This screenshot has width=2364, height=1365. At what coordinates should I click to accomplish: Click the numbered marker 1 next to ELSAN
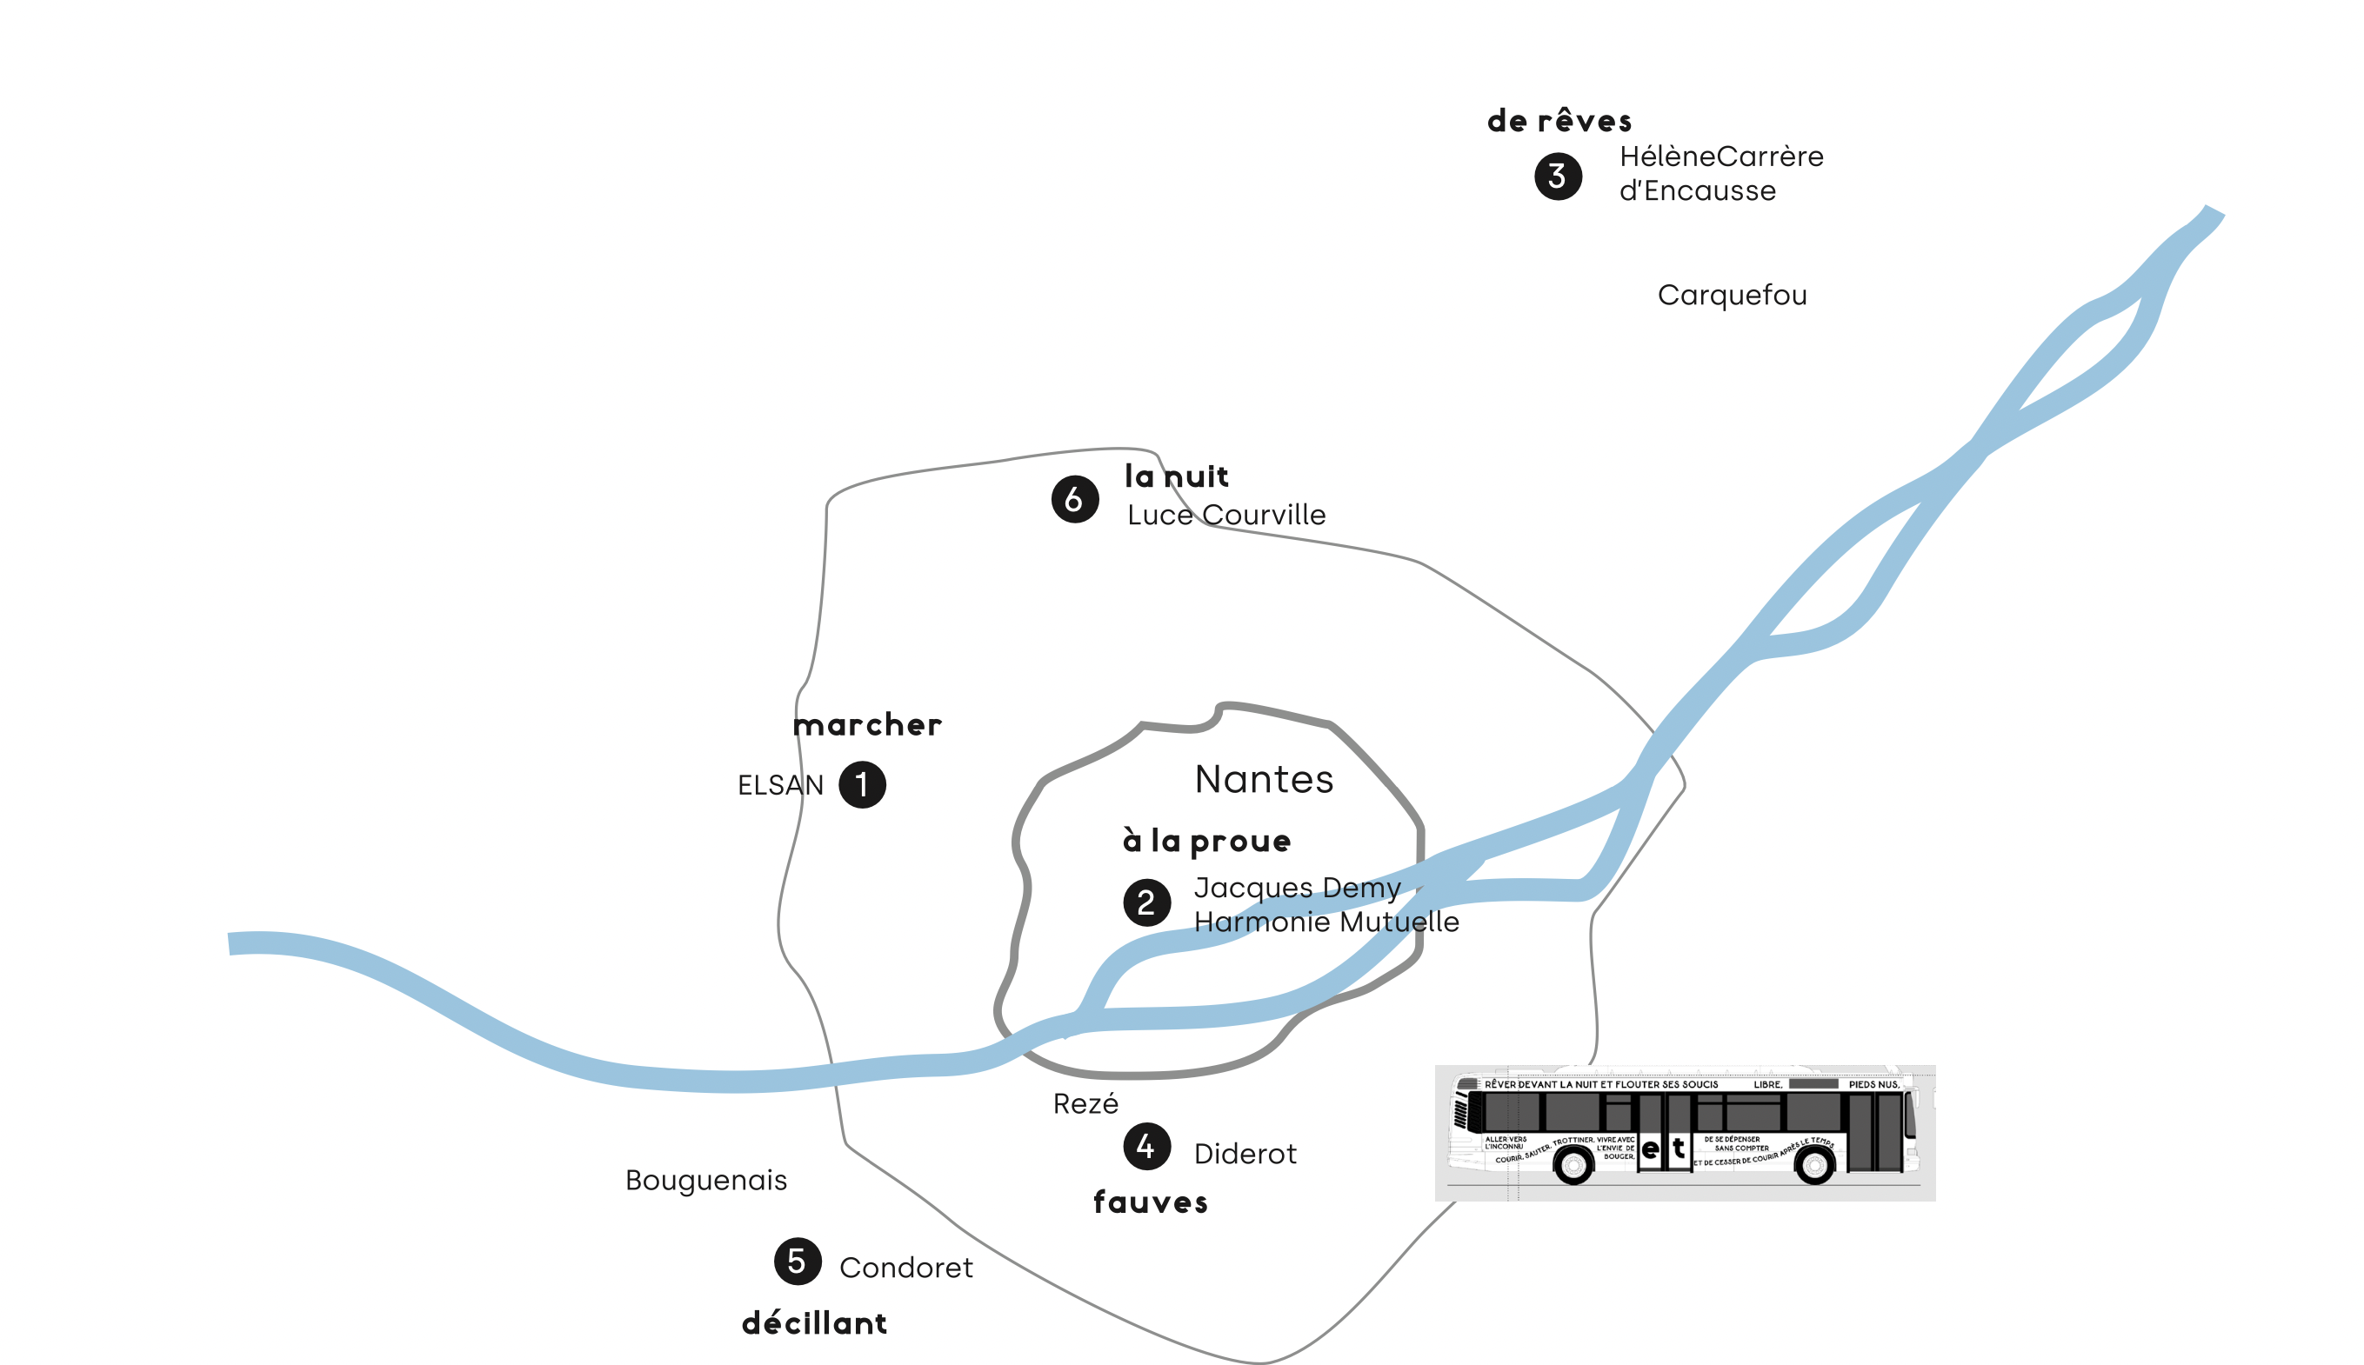[x=862, y=785]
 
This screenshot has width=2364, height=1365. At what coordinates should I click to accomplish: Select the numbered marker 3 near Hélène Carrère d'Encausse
[x=1558, y=176]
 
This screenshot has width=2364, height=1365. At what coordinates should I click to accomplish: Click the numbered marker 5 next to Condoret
[x=797, y=1261]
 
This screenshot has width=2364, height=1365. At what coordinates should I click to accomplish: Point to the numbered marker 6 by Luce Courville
[x=1075, y=499]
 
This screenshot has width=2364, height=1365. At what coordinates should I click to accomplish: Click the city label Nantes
[x=1263, y=779]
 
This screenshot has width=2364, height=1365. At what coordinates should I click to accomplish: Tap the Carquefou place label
[x=1731, y=296]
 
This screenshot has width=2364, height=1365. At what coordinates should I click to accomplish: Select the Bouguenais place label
[x=705, y=1181]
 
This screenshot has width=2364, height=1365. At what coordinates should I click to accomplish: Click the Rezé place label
[x=1085, y=1104]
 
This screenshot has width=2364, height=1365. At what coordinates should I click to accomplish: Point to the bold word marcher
[x=866, y=725]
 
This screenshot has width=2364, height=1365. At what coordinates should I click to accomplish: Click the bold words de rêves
[x=1559, y=121]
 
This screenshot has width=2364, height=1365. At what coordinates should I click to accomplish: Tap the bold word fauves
[x=1150, y=1202]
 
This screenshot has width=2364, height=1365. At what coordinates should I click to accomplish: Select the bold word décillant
[x=814, y=1322]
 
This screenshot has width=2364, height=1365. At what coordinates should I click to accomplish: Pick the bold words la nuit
[x=1176, y=476]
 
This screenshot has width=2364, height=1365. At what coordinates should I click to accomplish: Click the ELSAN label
[x=780, y=785]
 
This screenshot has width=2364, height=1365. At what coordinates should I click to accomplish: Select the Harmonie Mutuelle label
[x=1326, y=922]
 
